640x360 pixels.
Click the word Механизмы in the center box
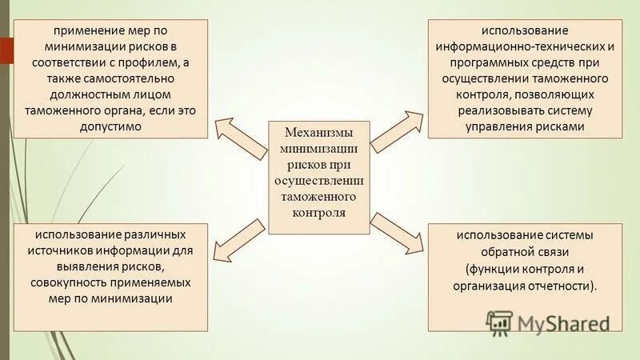click(319, 132)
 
